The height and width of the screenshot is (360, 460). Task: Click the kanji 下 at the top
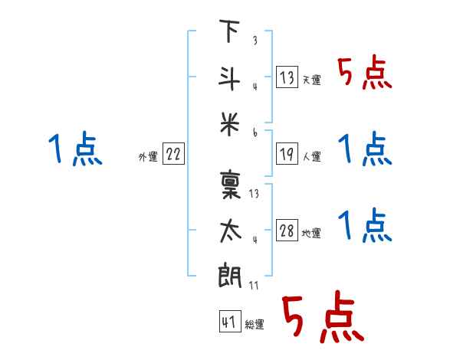pos(230,31)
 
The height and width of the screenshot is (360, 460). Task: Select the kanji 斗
pos(229,79)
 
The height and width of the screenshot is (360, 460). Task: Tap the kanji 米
pos(230,124)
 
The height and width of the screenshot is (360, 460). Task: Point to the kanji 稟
pos(230,185)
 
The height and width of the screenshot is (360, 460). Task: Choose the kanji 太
pos(230,231)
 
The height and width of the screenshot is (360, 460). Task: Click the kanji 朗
pos(230,275)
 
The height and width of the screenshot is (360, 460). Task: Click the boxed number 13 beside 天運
pos(287,77)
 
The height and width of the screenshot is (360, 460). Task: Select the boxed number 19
pos(287,154)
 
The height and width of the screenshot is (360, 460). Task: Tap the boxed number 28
pos(287,230)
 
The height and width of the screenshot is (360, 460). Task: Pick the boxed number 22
pos(173,154)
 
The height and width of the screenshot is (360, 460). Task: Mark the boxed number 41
pos(230,321)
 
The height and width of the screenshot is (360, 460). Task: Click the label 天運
pos(312,80)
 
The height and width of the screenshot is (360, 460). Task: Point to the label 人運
pos(312,156)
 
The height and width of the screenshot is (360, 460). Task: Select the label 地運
pos(311,233)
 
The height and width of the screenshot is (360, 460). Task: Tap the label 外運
pos(148,156)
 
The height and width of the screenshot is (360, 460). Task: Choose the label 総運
pos(255,324)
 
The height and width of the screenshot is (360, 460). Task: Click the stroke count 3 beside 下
pos(255,40)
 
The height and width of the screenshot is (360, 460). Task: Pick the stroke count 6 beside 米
pos(255,133)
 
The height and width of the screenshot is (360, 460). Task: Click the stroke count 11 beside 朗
pos(254,285)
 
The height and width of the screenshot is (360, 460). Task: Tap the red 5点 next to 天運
pos(365,72)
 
